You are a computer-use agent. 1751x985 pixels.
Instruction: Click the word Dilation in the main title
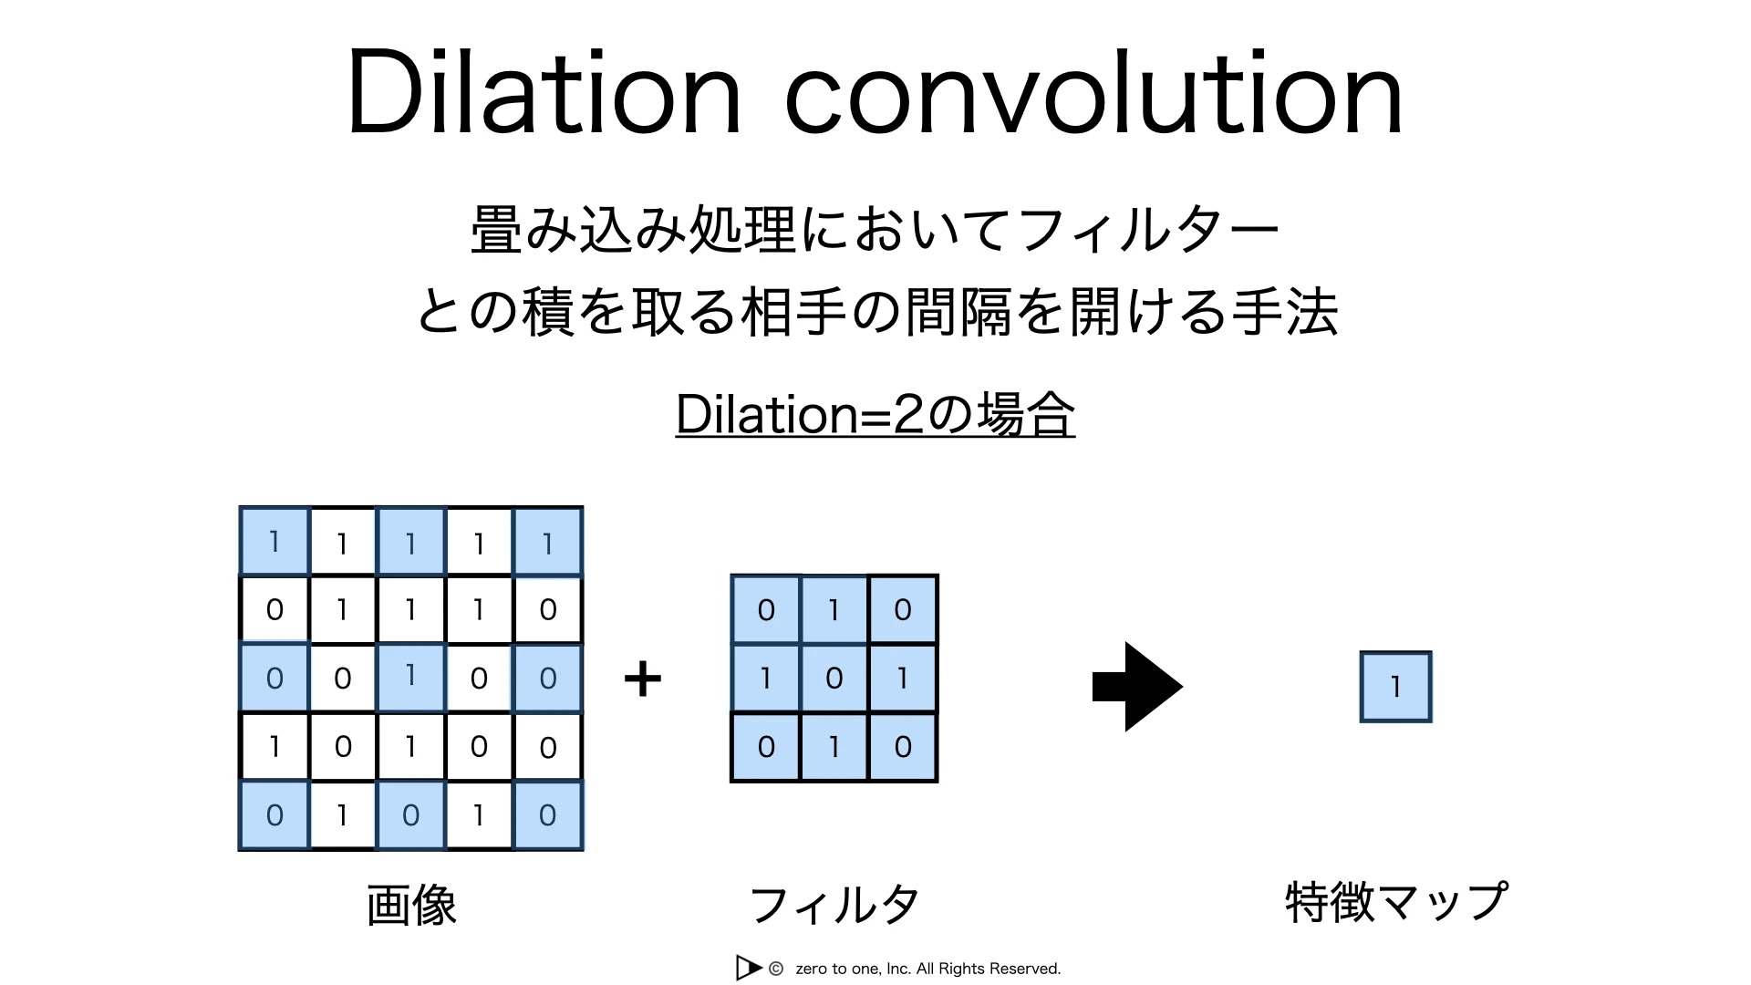[x=544, y=92]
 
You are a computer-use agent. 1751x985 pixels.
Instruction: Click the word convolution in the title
[x=1093, y=92]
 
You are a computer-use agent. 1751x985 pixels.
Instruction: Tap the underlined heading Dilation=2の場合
[x=875, y=414]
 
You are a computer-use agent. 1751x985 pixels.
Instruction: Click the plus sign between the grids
[x=643, y=679]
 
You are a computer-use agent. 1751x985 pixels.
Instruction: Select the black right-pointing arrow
[x=1137, y=687]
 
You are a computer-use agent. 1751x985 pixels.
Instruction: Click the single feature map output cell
[x=1395, y=687]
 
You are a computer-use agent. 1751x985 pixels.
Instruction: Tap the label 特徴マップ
[x=1396, y=902]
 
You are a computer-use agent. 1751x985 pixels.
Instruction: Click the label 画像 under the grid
[x=411, y=906]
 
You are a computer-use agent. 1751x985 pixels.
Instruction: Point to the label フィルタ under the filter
[x=834, y=905]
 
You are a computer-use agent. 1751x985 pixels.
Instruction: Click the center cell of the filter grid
[x=834, y=679]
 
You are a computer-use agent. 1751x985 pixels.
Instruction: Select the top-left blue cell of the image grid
[x=275, y=542]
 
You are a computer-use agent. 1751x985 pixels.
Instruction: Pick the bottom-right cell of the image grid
[x=548, y=815]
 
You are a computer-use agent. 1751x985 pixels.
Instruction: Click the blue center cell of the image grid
[x=411, y=678]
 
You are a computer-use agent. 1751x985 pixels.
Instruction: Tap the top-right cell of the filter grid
[x=903, y=609]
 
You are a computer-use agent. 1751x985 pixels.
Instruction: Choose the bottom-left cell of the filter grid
[x=766, y=747]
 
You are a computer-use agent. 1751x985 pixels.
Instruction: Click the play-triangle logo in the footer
[x=748, y=968]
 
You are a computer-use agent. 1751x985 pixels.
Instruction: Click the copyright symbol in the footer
[x=776, y=969]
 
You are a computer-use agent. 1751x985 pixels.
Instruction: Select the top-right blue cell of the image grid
[x=548, y=542]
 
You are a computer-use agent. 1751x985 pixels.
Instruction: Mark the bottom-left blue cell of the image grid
[x=275, y=815]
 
